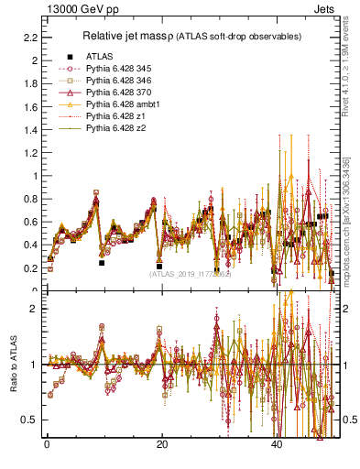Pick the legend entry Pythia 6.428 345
(118, 69)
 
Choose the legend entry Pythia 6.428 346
(118, 81)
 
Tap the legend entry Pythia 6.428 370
(118, 93)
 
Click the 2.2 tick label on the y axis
(29, 38)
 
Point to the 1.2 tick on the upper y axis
(29, 153)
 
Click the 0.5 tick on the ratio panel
(29, 420)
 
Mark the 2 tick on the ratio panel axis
(33, 309)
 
